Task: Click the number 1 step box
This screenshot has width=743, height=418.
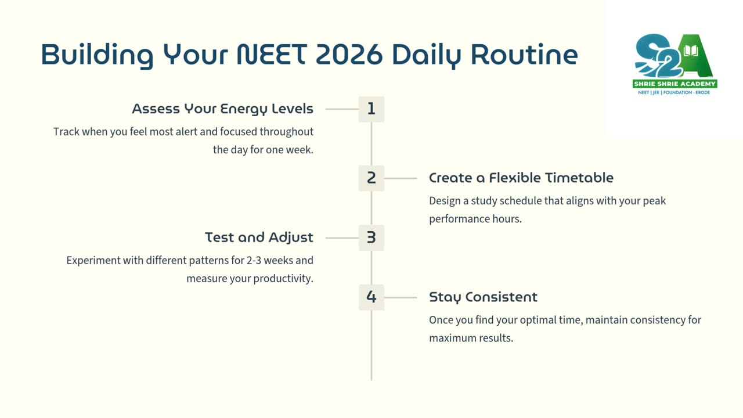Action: tap(371, 109)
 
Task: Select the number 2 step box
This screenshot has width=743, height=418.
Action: tap(371, 178)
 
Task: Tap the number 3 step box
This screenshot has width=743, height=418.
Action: tap(371, 238)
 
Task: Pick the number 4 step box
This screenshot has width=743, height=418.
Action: tap(371, 297)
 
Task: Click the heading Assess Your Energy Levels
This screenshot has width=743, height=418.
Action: tap(222, 109)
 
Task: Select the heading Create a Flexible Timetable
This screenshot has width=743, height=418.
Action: tap(521, 178)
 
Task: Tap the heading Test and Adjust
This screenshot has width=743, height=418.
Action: tap(259, 238)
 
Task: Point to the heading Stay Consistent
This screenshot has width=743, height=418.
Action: tap(483, 297)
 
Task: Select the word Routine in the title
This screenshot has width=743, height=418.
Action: tap(524, 55)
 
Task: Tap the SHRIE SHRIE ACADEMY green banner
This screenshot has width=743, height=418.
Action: tap(675, 84)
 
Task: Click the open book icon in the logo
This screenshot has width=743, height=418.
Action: tap(691, 51)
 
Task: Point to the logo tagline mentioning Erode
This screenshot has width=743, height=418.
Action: tap(674, 92)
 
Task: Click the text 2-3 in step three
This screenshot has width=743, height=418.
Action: tap(254, 261)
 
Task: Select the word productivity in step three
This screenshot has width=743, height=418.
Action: tap(283, 279)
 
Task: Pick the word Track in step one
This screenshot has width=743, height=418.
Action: tap(66, 132)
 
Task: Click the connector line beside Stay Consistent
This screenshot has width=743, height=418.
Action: tap(401, 298)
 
